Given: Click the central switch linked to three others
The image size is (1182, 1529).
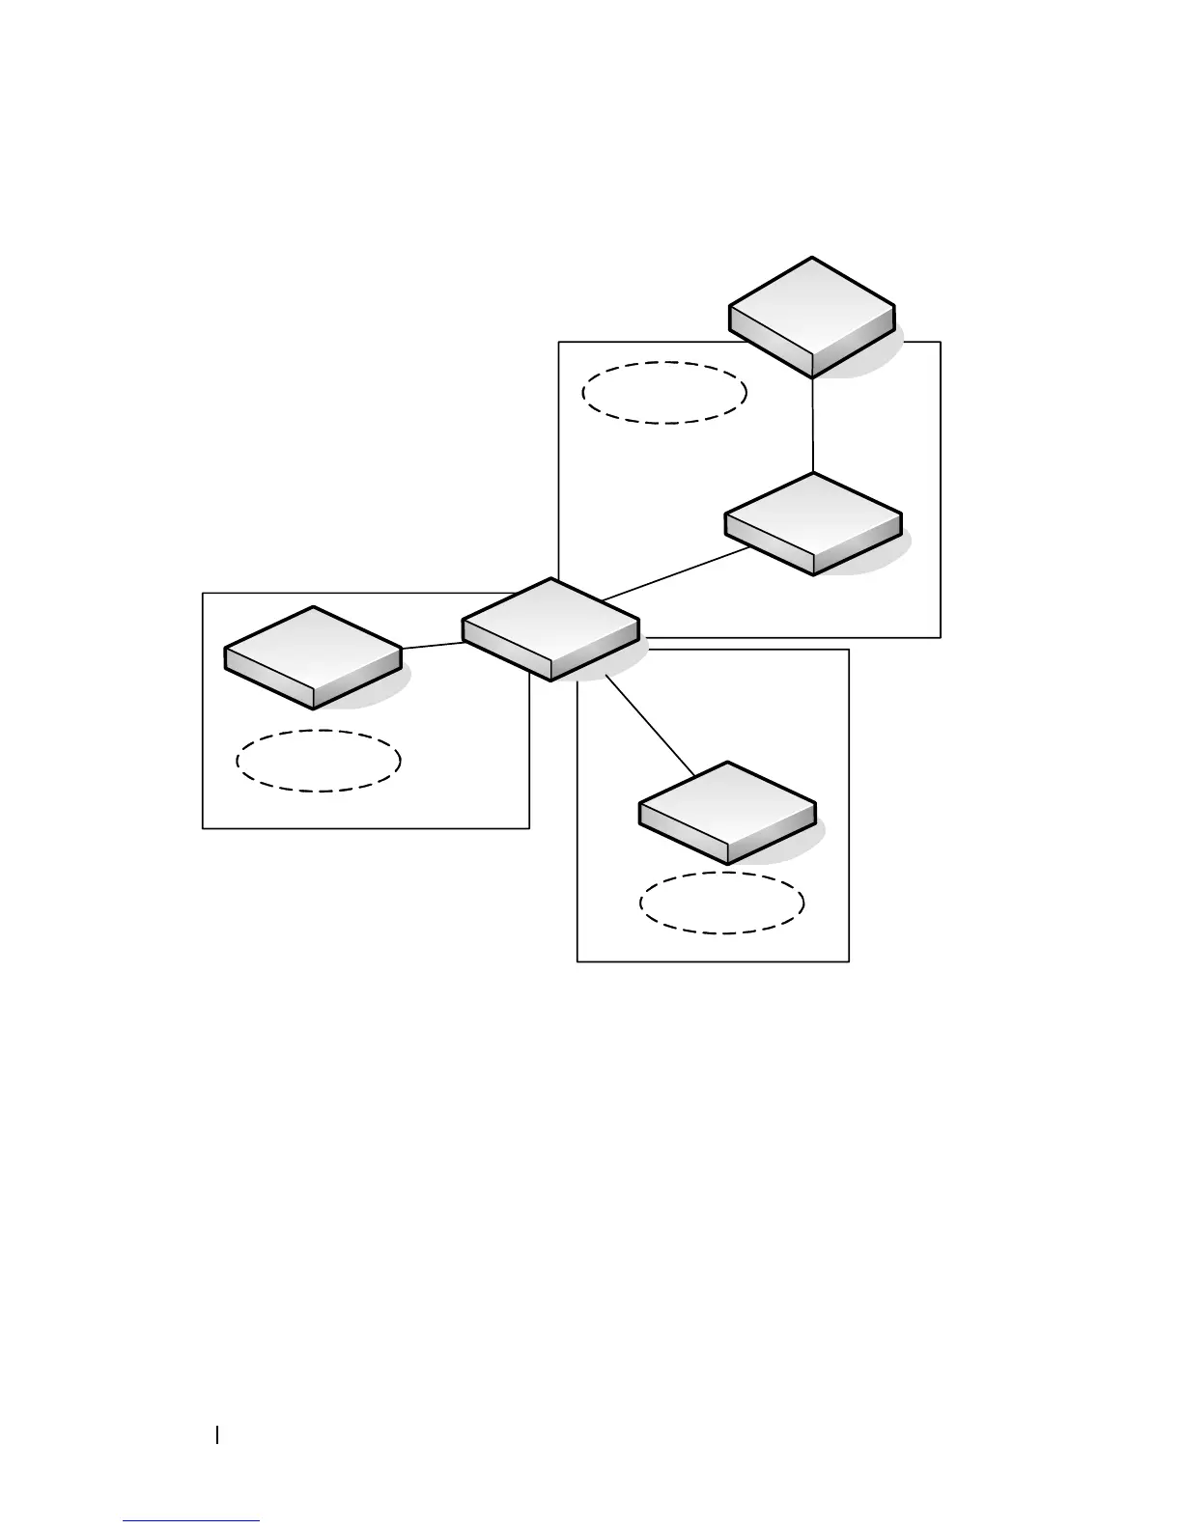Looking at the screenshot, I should [x=550, y=629].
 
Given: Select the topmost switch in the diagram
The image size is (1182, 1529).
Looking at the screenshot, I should [x=812, y=317].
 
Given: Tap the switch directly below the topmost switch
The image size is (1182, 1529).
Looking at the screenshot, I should [x=813, y=523].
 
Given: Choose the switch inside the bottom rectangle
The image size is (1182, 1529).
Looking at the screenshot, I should [x=727, y=812].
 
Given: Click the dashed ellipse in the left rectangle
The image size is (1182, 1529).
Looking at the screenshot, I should [x=319, y=761].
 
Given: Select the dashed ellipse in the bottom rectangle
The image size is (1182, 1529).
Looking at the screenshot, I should [x=721, y=903].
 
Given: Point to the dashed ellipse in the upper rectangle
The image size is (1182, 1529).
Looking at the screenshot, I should [x=665, y=392].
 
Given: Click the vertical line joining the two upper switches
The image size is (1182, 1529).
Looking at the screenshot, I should [x=813, y=425].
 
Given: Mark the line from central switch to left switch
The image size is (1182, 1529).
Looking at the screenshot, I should [x=432, y=645].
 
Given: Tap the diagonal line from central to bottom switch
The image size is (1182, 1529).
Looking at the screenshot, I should [x=650, y=724].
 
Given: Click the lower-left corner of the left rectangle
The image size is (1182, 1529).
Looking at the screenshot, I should [x=203, y=827].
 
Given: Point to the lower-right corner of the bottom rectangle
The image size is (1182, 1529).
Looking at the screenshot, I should [x=848, y=960].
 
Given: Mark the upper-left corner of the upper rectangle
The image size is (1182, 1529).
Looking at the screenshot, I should [x=560, y=342].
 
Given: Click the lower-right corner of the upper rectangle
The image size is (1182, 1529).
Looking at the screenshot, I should [x=940, y=637].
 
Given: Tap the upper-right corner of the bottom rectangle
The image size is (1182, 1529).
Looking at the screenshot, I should [x=848, y=650].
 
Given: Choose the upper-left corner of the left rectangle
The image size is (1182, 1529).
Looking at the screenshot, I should [x=203, y=594].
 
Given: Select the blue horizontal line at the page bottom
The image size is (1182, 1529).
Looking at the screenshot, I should [x=191, y=1521].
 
